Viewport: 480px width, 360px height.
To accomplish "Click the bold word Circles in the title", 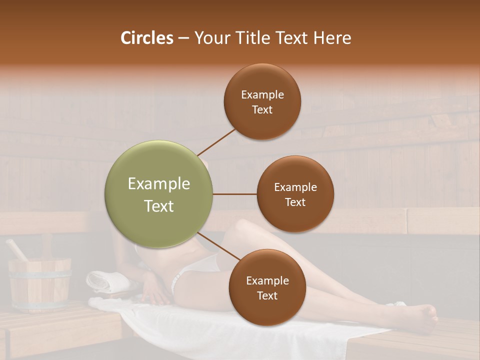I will tap(147, 38).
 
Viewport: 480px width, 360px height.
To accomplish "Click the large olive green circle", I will tap(159, 194).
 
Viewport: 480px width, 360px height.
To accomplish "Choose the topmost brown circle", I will tap(262, 102).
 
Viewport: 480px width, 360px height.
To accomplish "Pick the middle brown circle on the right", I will tap(295, 194).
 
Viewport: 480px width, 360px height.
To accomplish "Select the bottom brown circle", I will tap(267, 287).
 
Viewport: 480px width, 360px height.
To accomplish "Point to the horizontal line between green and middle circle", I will tap(234, 194).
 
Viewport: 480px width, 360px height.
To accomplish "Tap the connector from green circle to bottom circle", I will tap(218, 246).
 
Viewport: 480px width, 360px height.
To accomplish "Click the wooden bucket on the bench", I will tap(40, 285).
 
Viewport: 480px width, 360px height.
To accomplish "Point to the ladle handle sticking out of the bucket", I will tap(16, 249).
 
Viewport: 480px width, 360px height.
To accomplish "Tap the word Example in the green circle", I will tap(159, 184).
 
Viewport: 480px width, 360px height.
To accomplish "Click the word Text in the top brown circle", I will tap(262, 110).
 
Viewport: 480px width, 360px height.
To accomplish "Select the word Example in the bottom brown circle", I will tap(267, 280).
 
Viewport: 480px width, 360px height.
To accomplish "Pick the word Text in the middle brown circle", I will tap(295, 202).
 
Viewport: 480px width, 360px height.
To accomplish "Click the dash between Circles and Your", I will tap(183, 38).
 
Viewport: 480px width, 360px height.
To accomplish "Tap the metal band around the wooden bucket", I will tap(40, 272).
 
